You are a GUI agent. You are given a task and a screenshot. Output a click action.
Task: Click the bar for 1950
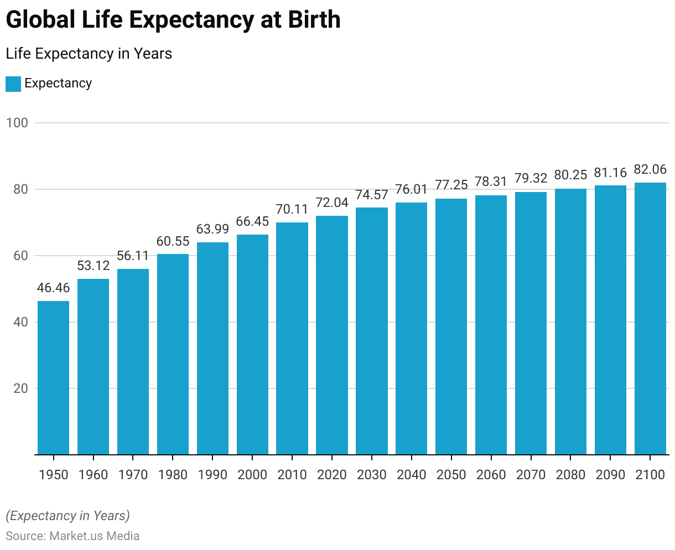53,378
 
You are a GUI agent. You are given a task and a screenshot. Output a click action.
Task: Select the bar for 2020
332,335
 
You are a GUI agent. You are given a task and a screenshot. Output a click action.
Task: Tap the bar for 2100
650,319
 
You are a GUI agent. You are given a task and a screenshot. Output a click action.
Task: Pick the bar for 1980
173,354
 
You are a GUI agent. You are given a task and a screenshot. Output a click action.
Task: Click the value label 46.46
53,288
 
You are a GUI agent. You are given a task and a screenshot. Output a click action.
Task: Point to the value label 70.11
292,209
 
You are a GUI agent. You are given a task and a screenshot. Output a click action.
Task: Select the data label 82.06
650,169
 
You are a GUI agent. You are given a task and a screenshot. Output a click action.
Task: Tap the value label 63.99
212,229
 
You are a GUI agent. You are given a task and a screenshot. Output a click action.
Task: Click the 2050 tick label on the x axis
451,475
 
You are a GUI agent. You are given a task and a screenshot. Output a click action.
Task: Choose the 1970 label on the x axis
133,475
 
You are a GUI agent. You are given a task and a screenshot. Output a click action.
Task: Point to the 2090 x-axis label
610,475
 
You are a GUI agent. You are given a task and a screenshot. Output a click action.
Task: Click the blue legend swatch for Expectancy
13,84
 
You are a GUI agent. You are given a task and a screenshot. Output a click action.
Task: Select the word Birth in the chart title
314,20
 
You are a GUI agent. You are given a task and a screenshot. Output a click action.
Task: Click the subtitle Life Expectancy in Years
89,54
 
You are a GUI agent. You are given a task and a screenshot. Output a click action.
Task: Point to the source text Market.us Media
94,536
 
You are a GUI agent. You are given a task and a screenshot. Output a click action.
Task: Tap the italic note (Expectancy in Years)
68,516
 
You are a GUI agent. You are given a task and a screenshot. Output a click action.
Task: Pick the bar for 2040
412,329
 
